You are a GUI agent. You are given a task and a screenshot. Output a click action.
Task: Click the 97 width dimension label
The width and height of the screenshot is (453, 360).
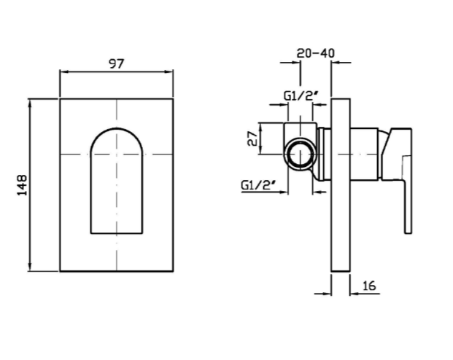tap(117, 63)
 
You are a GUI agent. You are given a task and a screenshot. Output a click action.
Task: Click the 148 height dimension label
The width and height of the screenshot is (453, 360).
tap(22, 185)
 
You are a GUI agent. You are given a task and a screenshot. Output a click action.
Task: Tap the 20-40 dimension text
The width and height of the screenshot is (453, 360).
tap(315, 53)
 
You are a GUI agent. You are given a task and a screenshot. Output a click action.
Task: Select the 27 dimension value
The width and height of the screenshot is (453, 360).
tap(252, 138)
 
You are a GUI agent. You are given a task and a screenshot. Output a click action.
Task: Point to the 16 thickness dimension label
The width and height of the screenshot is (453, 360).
tap(369, 286)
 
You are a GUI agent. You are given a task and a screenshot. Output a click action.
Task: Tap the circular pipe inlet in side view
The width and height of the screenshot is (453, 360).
tap(301, 154)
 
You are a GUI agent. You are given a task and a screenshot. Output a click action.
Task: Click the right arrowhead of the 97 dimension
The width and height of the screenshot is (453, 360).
tap(169, 71)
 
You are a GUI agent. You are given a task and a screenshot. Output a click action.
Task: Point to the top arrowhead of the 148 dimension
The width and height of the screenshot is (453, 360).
tap(29, 103)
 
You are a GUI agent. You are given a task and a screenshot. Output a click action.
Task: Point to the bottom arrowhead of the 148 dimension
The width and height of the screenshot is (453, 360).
tap(29, 267)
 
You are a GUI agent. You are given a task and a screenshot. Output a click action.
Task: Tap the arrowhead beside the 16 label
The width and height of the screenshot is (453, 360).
tap(355, 294)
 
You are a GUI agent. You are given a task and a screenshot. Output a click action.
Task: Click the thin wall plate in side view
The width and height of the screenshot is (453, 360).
tap(341, 185)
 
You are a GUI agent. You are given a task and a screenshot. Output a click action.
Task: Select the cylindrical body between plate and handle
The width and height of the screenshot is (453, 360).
tap(364, 154)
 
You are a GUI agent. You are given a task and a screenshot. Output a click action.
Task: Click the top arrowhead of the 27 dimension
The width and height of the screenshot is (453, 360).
tap(260, 128)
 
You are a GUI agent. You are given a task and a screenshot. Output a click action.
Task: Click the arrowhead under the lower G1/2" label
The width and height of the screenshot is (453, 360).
tap(284, 192)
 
